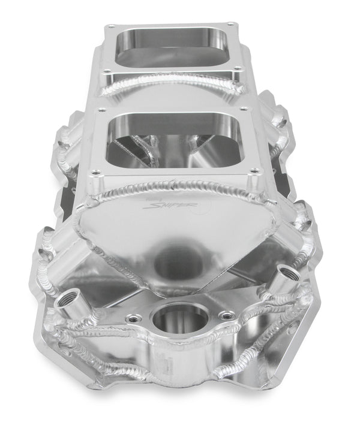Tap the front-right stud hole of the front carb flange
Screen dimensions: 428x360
pyautogui.click(x=253, y=173)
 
